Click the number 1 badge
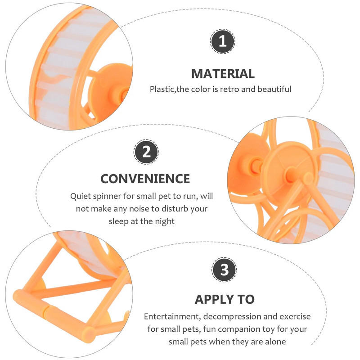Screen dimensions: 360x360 (222, 41)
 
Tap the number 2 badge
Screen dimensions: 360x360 (146, 152)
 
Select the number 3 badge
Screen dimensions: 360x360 (224, 270)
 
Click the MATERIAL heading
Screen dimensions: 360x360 (223, 74)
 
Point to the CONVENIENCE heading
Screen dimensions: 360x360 (145, 179)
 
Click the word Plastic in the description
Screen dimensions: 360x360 (162, 89)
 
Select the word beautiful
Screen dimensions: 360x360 (274, 89)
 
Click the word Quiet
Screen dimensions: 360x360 (80, 196)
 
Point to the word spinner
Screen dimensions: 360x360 (106, 197)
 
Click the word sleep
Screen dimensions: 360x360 (118, 221)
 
